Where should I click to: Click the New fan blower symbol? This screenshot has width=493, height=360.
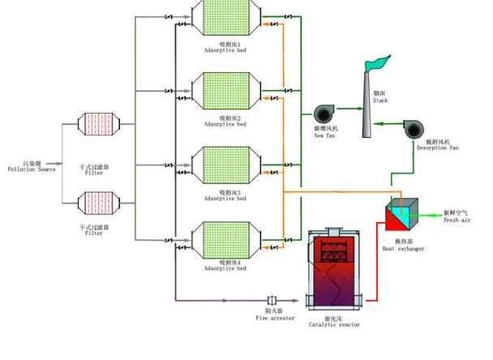(x=325, y=115)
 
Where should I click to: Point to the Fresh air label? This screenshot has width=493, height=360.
(x=456, y=218)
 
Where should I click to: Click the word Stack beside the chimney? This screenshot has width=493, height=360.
(x=381, y=101)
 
